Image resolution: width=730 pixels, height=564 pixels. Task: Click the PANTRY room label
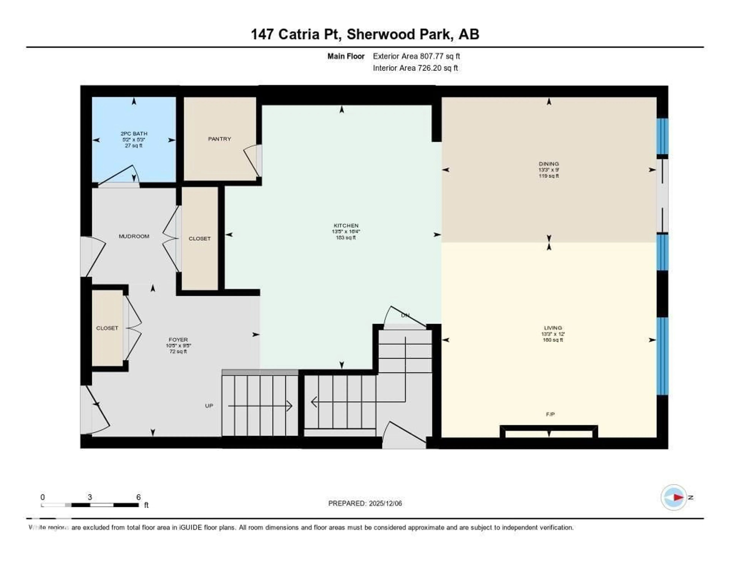[219, 139]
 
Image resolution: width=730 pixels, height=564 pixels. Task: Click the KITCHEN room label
[346, 226]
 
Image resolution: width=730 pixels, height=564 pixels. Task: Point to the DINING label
[548, 164]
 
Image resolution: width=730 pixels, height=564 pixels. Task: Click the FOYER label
[178, 340]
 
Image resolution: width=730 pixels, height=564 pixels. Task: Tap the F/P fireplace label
[550, 414]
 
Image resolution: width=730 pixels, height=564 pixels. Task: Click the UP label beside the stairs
[209, 406]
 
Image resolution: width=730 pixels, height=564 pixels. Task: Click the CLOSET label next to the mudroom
[200, 239]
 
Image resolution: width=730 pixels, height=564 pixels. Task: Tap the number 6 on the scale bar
[138, 497]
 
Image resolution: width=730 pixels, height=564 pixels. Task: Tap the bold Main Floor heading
[346, 56]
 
